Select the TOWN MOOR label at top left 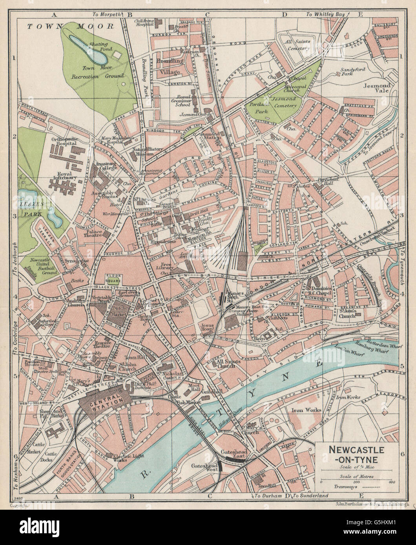(x=70, y=26)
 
